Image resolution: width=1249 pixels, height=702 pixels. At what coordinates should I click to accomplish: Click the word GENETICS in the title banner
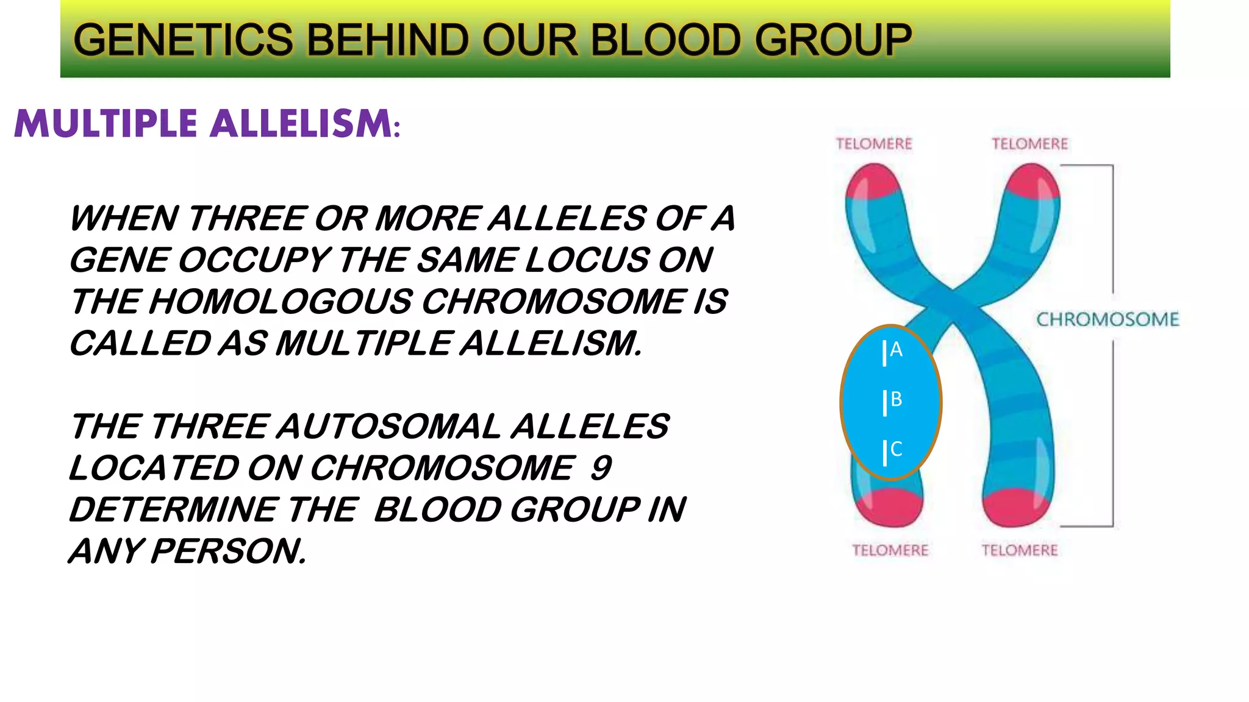coord(183,40)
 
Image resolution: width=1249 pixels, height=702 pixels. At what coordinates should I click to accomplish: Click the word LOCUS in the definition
coord(586,260)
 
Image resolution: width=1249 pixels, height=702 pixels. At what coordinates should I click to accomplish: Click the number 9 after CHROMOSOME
coord(601,468)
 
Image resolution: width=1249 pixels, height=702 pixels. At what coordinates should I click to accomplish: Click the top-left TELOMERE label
coord(873,144)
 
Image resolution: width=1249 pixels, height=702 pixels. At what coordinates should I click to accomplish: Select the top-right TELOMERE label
coord(1029,144)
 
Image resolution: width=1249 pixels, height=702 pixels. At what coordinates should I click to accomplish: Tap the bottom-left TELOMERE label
coord(890,551)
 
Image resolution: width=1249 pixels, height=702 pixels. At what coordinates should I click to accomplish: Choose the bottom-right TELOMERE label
coord(1019,551)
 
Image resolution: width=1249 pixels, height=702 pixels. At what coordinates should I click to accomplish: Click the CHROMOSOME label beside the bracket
coord(1108,319)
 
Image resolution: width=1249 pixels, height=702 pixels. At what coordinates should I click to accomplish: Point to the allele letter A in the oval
coord(895,350)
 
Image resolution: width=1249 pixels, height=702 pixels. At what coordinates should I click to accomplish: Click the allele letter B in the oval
coord(895,400)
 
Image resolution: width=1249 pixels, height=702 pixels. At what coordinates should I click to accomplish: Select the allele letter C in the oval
coord(895,450)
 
